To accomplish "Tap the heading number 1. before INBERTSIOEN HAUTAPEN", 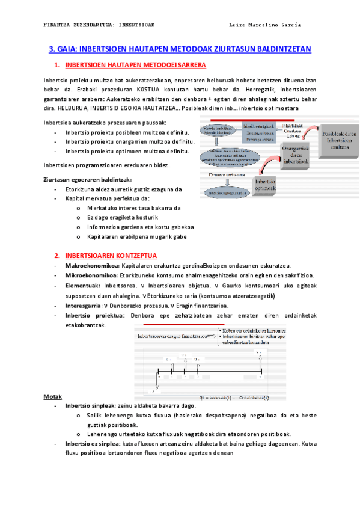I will click(x=56, y=65).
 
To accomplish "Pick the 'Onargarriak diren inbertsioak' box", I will click(x=292, y=154).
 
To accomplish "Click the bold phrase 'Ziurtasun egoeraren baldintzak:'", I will click(x=88, y=179).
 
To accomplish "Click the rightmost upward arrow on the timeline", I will click(x=260, y=361).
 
